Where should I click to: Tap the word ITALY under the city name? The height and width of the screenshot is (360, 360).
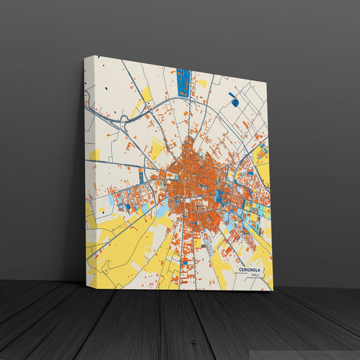click(255, 275)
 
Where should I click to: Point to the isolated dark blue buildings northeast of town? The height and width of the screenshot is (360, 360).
click(234, 101)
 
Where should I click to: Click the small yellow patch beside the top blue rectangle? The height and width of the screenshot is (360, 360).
click(202, 84)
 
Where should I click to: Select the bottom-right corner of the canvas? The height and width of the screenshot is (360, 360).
click(272, 290)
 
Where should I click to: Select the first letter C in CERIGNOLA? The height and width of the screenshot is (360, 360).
click(240, 269)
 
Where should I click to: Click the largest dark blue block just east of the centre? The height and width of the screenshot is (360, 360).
click(220, 196)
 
